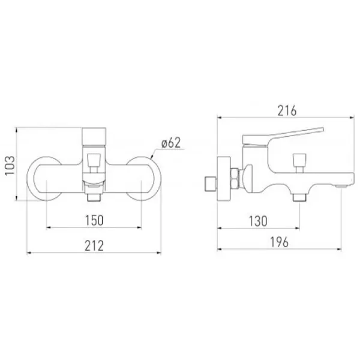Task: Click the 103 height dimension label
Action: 10,166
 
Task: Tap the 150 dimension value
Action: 94,220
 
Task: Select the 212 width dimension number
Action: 94,245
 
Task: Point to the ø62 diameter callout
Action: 171,143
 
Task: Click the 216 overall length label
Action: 287,111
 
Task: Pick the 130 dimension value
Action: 258,221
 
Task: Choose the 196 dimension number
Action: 279,242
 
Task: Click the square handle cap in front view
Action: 94,137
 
